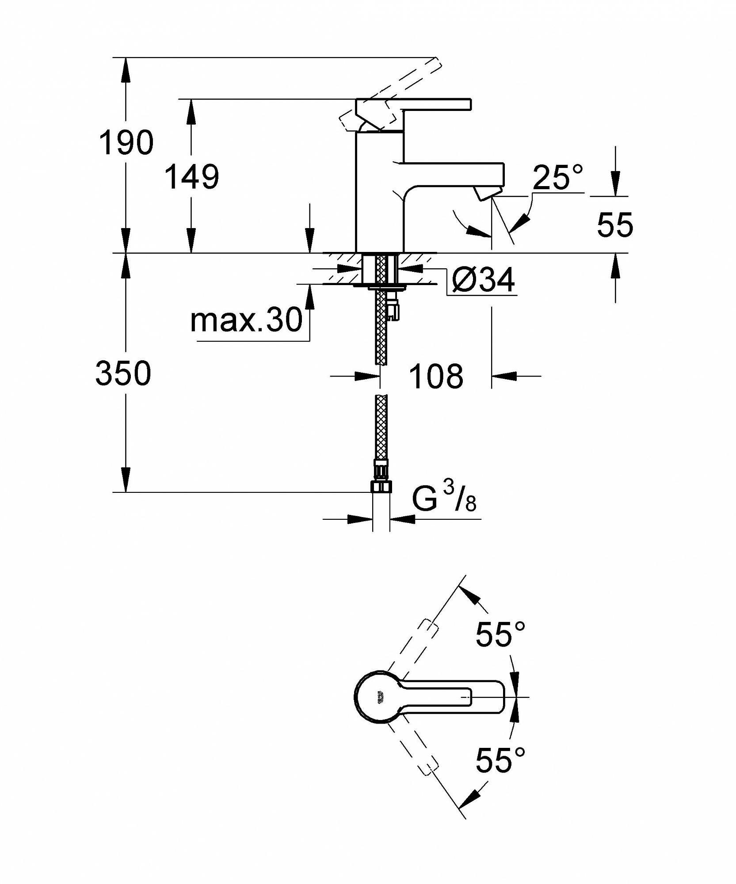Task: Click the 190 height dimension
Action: point(126,143)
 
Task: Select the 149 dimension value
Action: point(192,177)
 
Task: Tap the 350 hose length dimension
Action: point(123,373)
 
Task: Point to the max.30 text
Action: point(246,320)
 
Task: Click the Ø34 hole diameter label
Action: point(484,280)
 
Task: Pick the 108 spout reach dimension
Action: point(436,377)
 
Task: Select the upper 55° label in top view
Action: point(500,634)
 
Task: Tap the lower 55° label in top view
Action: point(500,760)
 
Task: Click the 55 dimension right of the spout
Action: point(615,225)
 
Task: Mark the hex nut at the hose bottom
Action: point(381,488)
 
